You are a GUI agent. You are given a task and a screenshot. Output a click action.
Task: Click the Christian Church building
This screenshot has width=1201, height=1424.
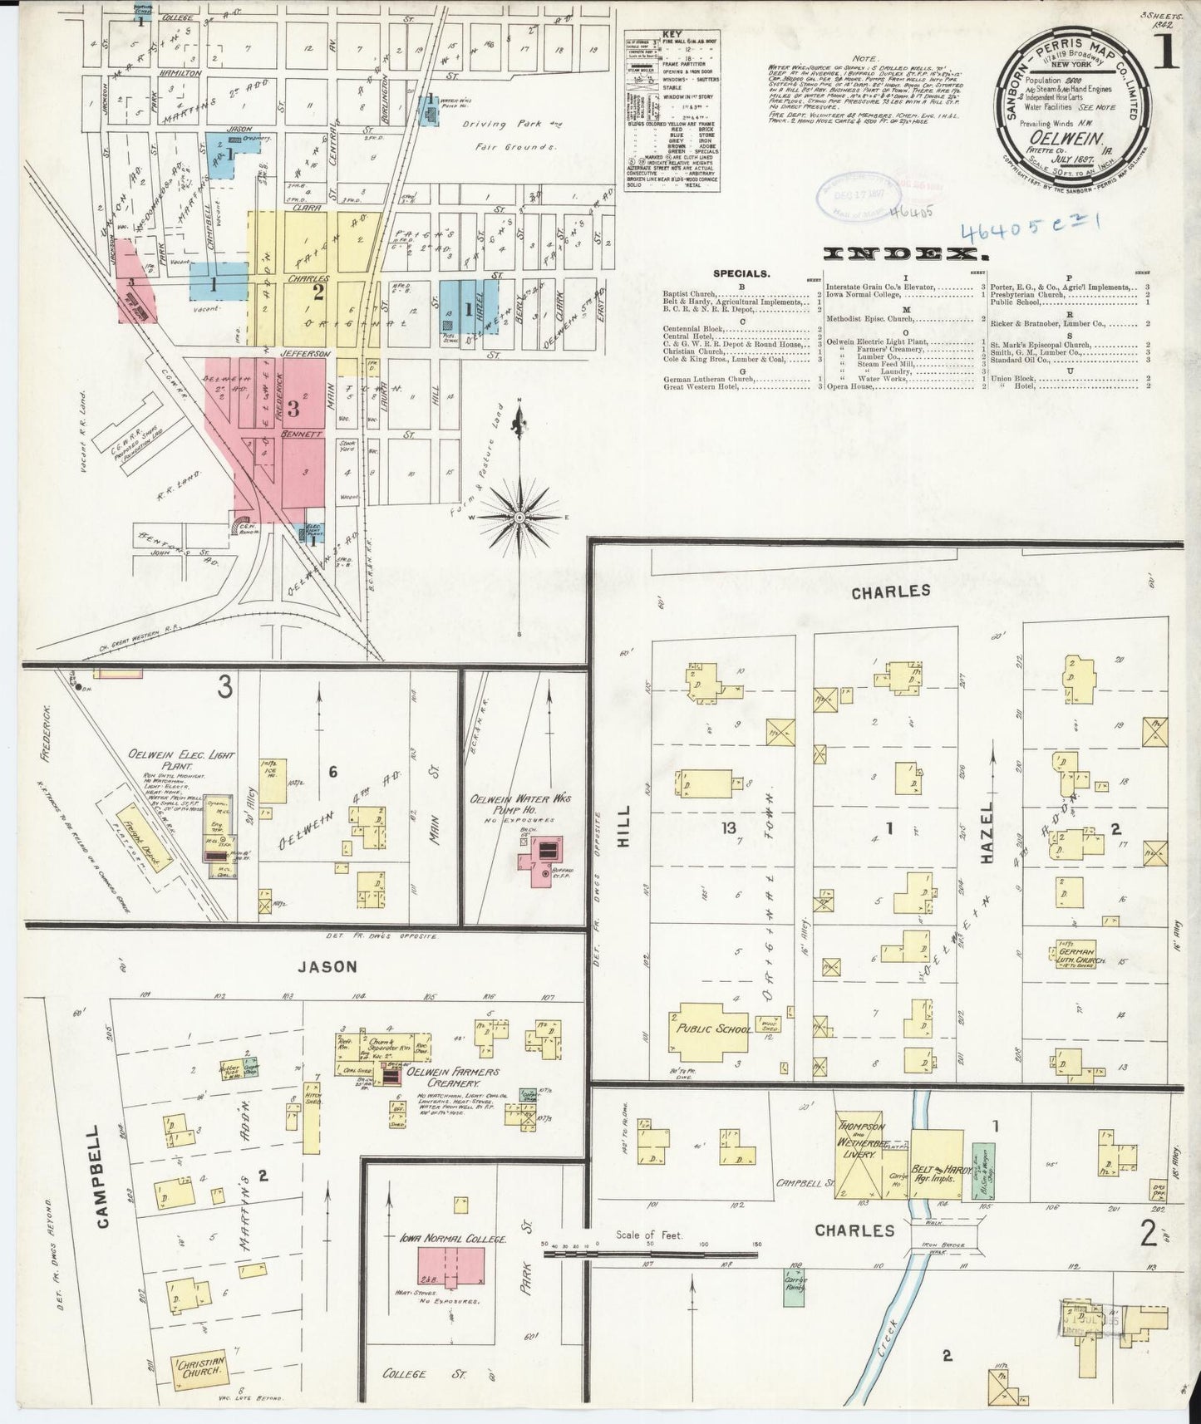(x=199, y=1370)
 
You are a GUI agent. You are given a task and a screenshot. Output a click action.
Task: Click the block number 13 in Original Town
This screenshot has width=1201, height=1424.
(x=729, y=827)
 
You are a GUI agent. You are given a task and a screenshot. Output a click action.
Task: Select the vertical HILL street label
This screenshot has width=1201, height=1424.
(x=623, y=827)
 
